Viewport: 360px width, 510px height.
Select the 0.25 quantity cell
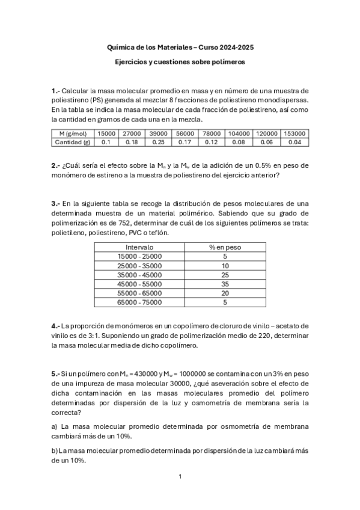(159, 143)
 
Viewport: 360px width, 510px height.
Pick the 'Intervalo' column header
(139, 247)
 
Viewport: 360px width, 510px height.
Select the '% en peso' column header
(225, 247)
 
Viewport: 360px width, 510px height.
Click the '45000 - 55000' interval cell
(139, 284)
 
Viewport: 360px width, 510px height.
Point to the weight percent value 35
(225, 284)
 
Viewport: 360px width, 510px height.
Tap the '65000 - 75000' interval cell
(139, 303)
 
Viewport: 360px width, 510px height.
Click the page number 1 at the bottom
(180, 476)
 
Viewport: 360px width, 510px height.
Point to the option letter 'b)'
(55, 450)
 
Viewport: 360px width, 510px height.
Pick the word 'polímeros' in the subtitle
(226, 62)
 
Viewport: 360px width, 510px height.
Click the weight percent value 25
(225, 275)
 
